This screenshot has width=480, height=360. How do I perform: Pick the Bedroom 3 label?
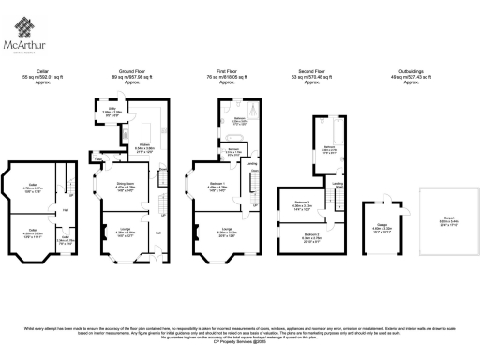[x=303, y=203]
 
